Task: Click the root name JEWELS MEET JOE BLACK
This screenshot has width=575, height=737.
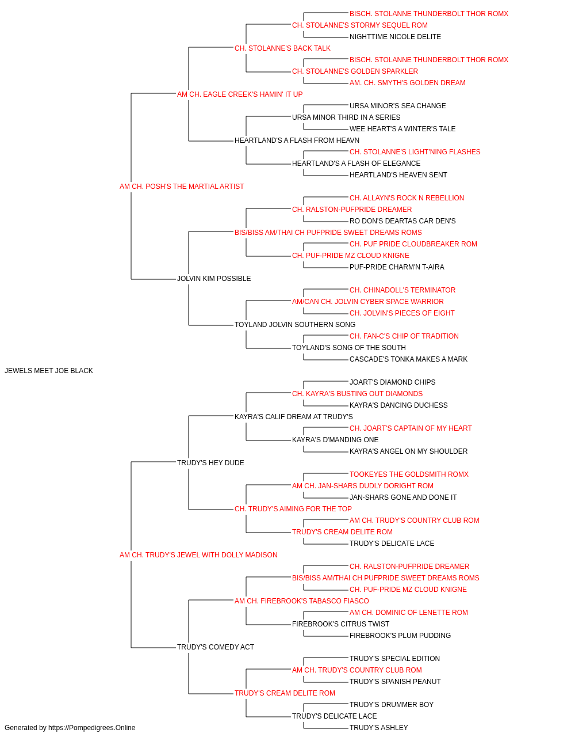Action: pos(48,370)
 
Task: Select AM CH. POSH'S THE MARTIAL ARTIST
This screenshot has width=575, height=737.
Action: pos(182,186)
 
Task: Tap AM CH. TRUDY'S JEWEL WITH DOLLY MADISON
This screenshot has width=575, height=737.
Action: pos(198,555)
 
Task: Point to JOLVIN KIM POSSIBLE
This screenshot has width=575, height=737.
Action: pos(214,279)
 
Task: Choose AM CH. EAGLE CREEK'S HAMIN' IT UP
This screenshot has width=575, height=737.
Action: pos(240,94)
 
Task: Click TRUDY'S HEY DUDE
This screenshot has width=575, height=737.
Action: pos(210,462)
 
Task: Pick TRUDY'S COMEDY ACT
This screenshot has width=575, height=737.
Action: pos(216,647)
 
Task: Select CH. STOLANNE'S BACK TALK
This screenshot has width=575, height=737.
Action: pos(282,48)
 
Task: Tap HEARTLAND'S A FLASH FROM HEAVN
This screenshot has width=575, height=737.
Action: pos(297,140)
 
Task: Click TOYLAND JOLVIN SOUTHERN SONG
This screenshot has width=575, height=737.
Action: pos(295,325)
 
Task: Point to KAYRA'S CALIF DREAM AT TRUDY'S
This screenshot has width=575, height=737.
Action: pos(294,416)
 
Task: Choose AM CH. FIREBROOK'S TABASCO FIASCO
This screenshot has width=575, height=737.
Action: pos(302,601)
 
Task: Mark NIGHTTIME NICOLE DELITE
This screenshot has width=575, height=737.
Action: pos(395,37)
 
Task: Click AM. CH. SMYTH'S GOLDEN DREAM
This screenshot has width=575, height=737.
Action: pos(407,83)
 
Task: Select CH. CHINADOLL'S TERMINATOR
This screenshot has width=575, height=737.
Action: pos(402,290)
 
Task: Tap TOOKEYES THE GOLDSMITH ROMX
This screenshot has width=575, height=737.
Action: pos(409,474)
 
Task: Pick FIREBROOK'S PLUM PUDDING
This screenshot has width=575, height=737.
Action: pos(400,635)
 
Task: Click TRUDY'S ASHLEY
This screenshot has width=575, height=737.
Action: pos(378,728)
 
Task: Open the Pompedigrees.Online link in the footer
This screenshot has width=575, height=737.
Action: pos(91,728)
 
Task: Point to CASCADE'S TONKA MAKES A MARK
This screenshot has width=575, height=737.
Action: pos(408,359)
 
